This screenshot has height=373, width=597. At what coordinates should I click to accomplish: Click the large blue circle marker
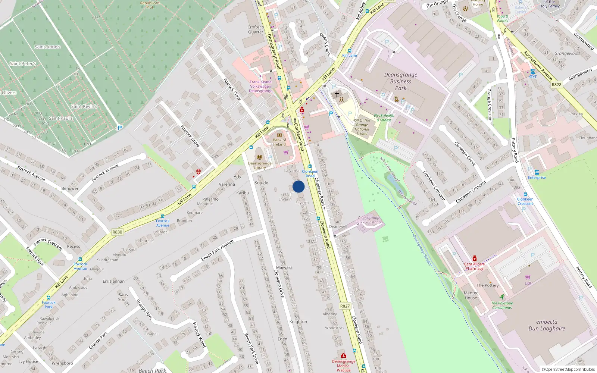(x=298, y=186)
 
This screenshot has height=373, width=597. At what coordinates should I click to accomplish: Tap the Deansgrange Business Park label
(x=401, y=81)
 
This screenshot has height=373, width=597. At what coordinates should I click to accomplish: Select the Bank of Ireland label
(x=279, y=142)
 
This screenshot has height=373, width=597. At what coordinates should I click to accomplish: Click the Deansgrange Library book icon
(x=260, y=157)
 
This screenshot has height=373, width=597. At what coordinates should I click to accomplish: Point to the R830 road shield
(x=117, y=232)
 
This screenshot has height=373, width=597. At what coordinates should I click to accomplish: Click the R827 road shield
(x=345, y=306)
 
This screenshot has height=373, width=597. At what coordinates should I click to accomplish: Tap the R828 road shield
(x=556, y=85)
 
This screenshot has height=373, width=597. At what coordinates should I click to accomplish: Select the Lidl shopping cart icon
(x=528, y=277)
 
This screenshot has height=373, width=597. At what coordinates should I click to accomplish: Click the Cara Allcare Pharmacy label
(x=474, y=266)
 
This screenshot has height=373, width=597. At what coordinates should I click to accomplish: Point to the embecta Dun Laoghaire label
(x=547, y=325)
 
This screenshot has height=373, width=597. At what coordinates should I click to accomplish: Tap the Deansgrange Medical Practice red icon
(x=344, y=356)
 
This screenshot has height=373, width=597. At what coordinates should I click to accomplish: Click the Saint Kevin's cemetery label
(x=84, y=106)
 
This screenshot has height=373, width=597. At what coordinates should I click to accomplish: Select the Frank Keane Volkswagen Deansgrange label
(x=260, y=87)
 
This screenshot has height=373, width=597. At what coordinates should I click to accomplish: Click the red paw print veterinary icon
(x=199, y=172)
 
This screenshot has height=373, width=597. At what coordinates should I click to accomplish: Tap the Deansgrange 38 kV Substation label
(x=369, y=220)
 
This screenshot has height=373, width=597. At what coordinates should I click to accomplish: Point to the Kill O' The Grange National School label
(x=362, y=127)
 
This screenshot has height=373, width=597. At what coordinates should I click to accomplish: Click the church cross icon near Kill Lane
(x=337, y=94)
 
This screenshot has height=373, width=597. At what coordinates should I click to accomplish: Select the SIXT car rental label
(x=533, y=77)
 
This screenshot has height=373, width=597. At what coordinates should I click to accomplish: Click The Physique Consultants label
(x=502, y=305)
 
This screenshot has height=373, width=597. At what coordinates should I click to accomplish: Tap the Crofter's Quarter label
(x=256, y=29)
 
